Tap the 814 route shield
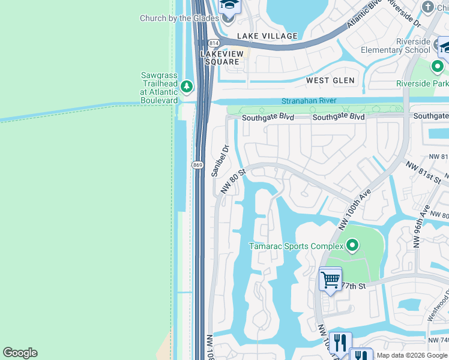214,43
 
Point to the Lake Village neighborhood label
267,36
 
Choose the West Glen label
330,80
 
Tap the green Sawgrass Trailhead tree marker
187,87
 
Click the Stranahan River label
309,101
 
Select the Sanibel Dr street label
220,160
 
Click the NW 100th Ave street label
359,205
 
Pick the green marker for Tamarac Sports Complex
352,245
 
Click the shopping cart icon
330,279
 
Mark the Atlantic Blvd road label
365,14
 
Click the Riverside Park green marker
438,66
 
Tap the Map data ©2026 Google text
412,355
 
